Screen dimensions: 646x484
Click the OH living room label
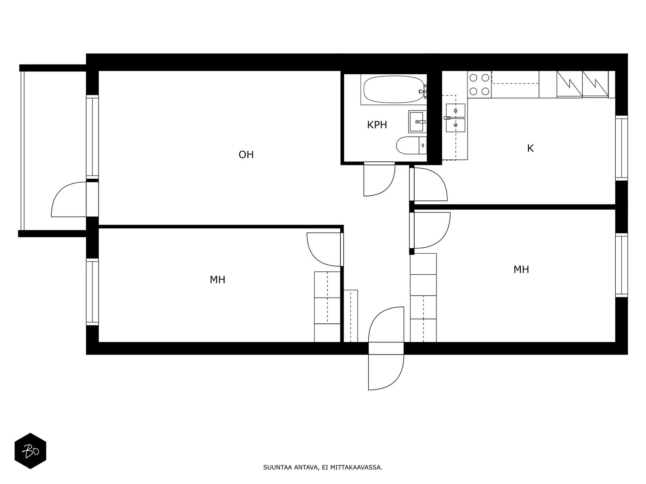click(x=246, y=154)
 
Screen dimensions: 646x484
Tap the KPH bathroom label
click(x=377, y=125)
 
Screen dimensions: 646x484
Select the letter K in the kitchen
click(x=530, y=148)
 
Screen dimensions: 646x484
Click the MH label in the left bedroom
click(x=217, y=280)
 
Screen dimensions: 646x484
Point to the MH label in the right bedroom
click(x=521, y=269)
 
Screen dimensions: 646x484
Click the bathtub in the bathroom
click(x=394, y=90)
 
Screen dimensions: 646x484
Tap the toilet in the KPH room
click(x=411, y=145)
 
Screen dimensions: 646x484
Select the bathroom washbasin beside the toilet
click(x=417, y=122)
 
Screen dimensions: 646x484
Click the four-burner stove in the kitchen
click(x=479, y=84)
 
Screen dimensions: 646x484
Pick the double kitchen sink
click(x=455, y=118)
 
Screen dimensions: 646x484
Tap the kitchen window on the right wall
click(x=621, y=148)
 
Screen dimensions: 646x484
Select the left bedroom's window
click(x=92, y=292)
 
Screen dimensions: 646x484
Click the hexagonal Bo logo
click(x=30, y=451)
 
